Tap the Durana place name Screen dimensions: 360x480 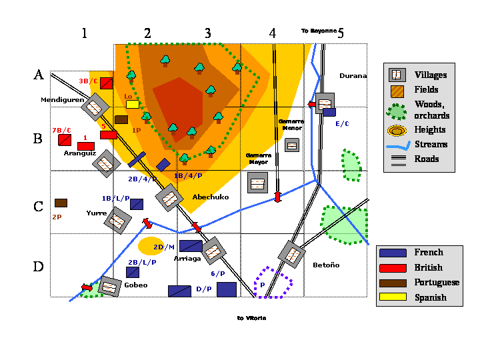(x=353, y=75)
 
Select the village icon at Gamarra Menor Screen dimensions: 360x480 (x=292, y=145)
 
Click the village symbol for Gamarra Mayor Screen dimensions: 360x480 (x=258, y=182)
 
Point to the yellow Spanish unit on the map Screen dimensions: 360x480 (x=132, y=104)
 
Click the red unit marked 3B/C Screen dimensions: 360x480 (x=106, y=83)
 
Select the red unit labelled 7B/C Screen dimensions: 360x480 (x=65, y=140)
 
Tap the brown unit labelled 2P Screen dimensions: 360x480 (x=61, y=203)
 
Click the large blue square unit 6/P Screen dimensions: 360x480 (x=227, y=289)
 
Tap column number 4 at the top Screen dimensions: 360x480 (x=272, y=33)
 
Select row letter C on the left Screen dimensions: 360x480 (x=39, y=206)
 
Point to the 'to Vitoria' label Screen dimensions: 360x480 (x=251, y=318)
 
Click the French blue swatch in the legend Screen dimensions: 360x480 (x=392, y=253)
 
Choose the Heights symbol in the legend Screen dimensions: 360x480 (x=396, y=130)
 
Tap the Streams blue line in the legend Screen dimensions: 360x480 (x=396, y=145)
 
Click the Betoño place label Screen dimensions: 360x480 (x=326, y=265)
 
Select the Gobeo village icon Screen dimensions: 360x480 (x=108, y=286)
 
